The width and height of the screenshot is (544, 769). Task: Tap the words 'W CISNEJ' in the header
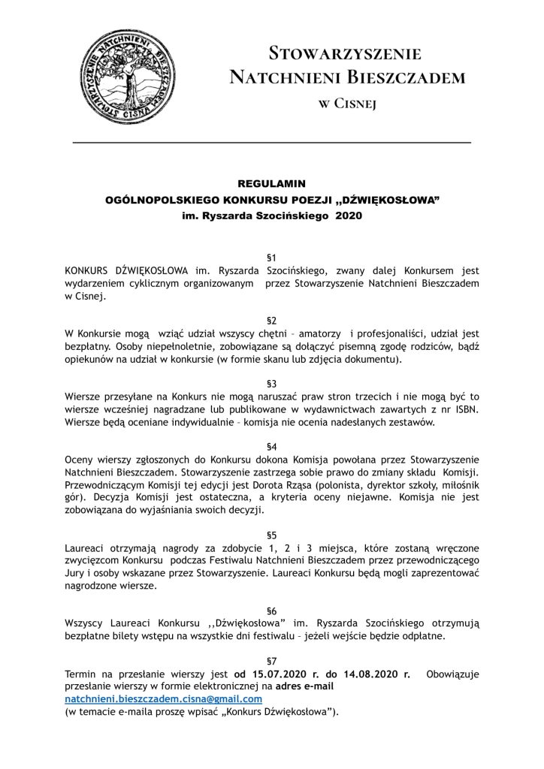tap(346, 103)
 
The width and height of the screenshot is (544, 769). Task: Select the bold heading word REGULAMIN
tap(271, 182)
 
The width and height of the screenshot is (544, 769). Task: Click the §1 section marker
tap(272, 257)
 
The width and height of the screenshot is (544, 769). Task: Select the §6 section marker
tap(272, 611)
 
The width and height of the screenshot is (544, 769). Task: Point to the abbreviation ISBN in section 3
tap(465, 409)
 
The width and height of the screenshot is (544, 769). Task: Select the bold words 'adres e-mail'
tap(305, 686)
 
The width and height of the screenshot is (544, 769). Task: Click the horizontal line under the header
tap(271, 142)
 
